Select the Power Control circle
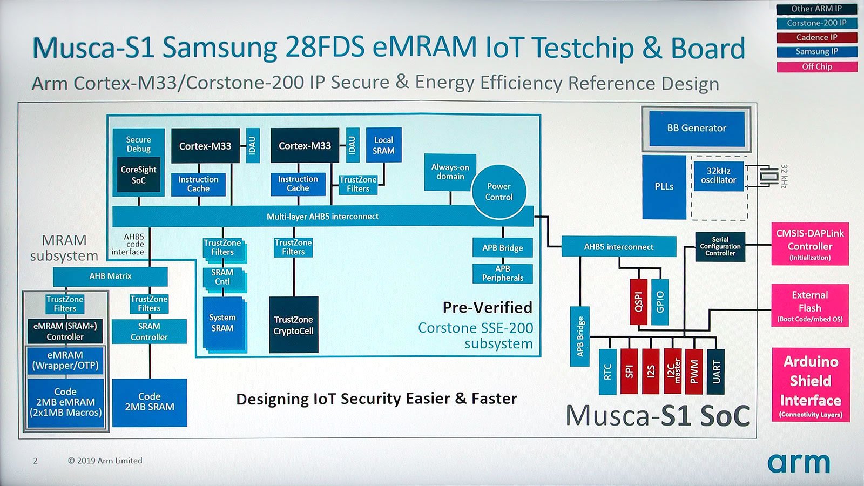click(x=499, y=192)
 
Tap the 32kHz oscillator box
click(x=719, y=176)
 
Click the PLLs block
click(x=664, y=187)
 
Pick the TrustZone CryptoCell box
click(x=294, y=325)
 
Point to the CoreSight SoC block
click(x=138, y=175)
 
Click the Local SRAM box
click(x=383, y=145)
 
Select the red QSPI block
click(x=638, y=302)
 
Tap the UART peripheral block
click(x=715, y=372)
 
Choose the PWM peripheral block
click(x=694, y=372)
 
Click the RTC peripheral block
click(x=607, y=372)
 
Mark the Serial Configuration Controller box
click(x=720, y=246)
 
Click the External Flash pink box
click(x=810, y=306)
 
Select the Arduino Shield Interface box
click(x=811, y=384)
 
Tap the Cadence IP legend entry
click(x=817, y=37)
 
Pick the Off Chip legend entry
click(x=817, y=67)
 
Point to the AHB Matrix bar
click(x=110, y=276)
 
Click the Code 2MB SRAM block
click(x=150, y=402)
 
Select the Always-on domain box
click(x=450, y=172)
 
